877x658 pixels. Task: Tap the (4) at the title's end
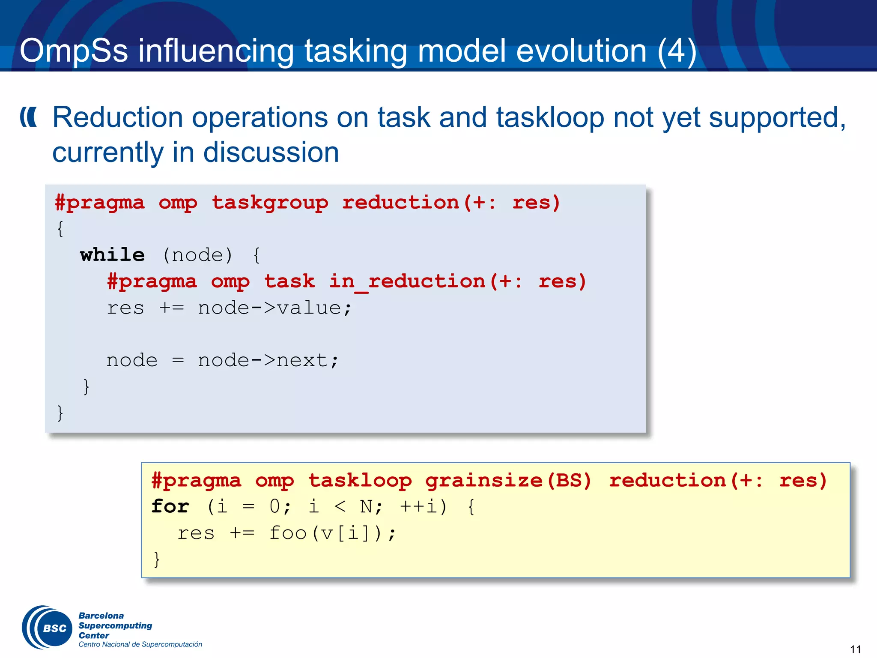677,51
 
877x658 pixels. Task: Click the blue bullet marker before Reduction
29,117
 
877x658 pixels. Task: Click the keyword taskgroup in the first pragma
270,203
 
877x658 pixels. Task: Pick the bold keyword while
112,255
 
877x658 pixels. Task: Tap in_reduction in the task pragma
407,281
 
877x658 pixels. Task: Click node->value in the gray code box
274,308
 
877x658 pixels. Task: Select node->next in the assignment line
268,360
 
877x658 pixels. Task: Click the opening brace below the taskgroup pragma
60,229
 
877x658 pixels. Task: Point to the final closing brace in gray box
60,413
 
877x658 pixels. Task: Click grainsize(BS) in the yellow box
508,481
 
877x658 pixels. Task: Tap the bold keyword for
170,507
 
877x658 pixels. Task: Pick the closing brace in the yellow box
157,559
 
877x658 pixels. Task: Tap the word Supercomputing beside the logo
115,625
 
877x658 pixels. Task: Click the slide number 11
855,649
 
